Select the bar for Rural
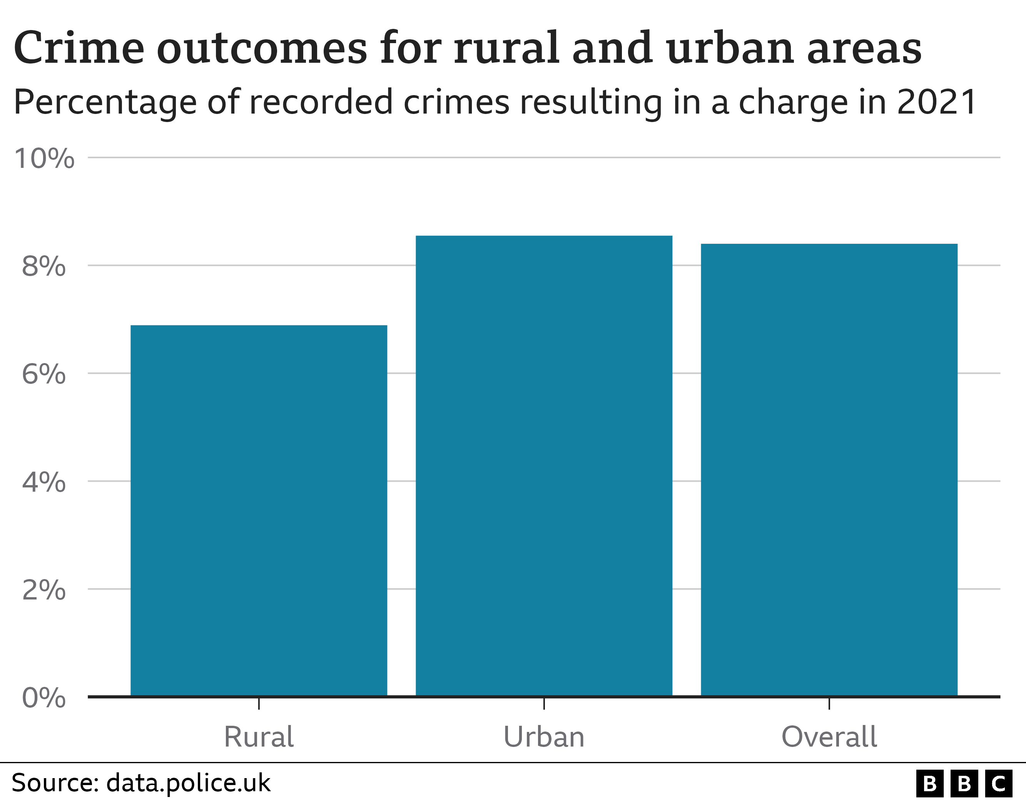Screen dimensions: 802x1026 tap(259, 510)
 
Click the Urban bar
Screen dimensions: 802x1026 tap(544, 465)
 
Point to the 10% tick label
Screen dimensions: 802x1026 tap(44, 158)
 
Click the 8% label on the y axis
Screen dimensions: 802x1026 tap(44, 266)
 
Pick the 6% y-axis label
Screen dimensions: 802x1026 tap(44, 374)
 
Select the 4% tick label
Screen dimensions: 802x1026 tap(44, 482)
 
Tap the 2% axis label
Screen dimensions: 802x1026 tap(44, 589)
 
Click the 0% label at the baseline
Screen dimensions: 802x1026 tap(44, 697)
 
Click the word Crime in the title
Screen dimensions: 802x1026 tap(79, 48)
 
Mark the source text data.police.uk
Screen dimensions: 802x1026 tap(188, 783)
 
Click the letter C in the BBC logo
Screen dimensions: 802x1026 tap(998, 784)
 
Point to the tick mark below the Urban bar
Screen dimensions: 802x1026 tap(544, 704)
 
